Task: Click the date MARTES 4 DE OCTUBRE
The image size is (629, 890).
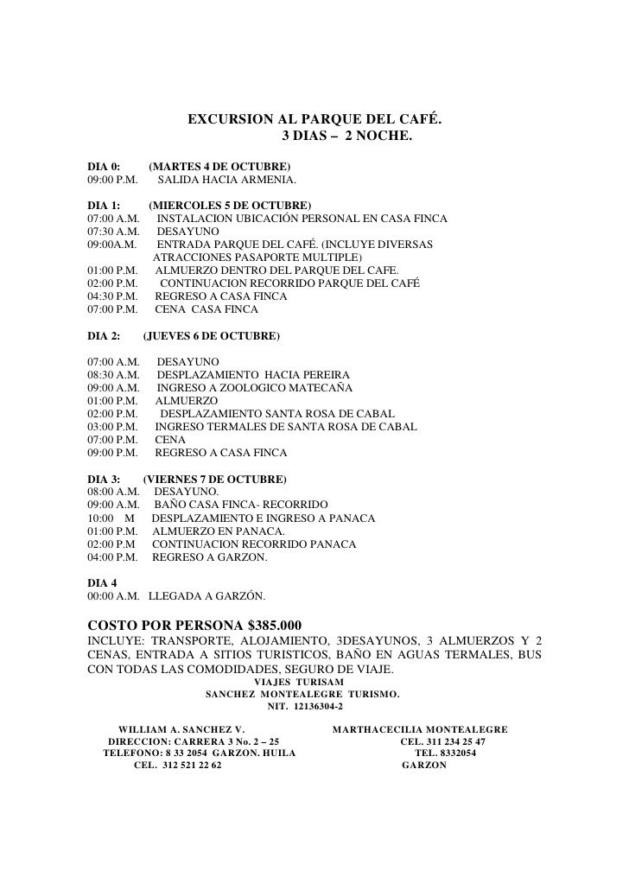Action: click(x=219, y=165)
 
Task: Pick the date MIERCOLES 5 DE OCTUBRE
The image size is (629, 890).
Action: click(x=230, y=206)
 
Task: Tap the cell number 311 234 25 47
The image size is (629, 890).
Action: click(x=467, y=741)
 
